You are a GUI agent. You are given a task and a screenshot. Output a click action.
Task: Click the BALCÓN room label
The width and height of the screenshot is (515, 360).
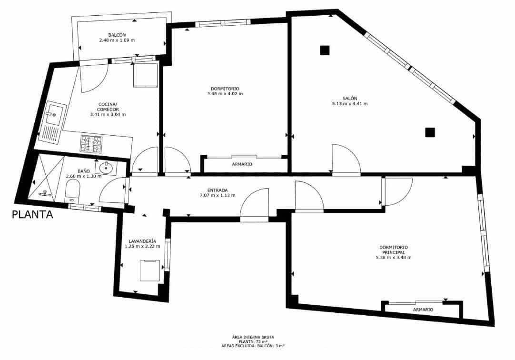point(117,35)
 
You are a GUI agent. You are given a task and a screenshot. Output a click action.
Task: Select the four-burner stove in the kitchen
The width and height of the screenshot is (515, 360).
point(91,144)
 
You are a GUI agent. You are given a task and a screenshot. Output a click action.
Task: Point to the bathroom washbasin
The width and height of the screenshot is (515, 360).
point(106,168)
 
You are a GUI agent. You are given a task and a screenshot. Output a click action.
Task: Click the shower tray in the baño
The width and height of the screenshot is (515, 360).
point(46,177)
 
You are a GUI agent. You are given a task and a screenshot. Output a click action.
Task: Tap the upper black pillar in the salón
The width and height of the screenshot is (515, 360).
point(325,50)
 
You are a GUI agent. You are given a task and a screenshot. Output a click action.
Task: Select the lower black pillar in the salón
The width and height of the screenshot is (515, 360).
point(430,132)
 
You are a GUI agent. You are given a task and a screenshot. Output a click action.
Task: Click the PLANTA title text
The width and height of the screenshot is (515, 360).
point(32,214)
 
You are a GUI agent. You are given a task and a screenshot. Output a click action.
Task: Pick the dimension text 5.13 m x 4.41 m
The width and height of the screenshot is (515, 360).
point(350,104)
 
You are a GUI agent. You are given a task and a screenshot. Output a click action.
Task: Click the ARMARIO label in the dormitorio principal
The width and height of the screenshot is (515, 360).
point(423,310)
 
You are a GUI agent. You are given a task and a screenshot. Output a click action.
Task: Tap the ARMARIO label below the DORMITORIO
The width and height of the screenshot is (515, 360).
point(242,164)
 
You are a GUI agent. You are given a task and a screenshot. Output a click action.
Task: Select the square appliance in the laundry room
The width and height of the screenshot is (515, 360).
point(150,270)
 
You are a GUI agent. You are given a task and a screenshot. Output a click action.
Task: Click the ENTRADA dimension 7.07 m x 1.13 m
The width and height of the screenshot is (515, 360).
point(218,195)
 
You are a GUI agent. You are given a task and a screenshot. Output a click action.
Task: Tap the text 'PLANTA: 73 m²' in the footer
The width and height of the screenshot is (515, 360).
point(253,341)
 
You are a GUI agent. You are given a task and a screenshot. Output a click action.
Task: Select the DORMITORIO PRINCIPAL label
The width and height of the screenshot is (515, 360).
point(394,250)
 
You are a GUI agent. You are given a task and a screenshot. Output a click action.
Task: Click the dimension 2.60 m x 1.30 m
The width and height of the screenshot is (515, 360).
point(84,176)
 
